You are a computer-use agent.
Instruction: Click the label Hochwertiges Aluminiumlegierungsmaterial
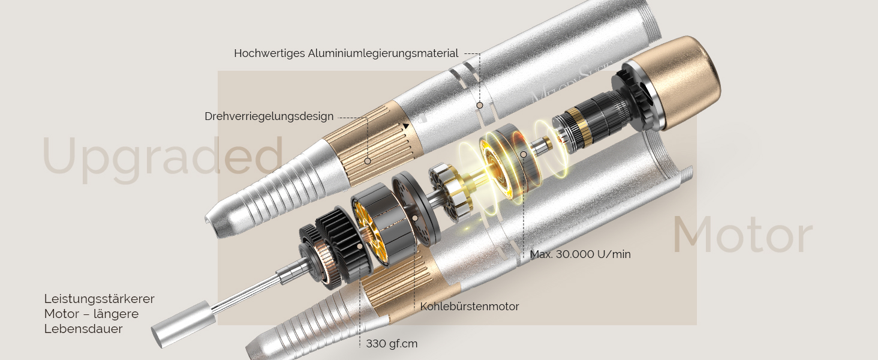346,53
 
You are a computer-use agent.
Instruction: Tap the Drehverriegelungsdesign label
269,116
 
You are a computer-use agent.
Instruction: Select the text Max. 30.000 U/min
580,254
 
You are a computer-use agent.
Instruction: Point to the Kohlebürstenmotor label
469,306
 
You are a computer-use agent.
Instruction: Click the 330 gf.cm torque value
392,344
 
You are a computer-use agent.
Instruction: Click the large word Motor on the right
743,234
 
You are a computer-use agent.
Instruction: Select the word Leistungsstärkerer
99,299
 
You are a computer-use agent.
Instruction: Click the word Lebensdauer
83,329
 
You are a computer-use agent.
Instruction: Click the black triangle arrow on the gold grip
406,126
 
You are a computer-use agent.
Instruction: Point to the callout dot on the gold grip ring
367,161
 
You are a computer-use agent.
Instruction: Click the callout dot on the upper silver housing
479,105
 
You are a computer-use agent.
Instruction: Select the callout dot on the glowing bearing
524,155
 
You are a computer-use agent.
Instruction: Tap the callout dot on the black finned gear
359,246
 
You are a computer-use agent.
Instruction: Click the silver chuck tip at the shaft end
184,324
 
